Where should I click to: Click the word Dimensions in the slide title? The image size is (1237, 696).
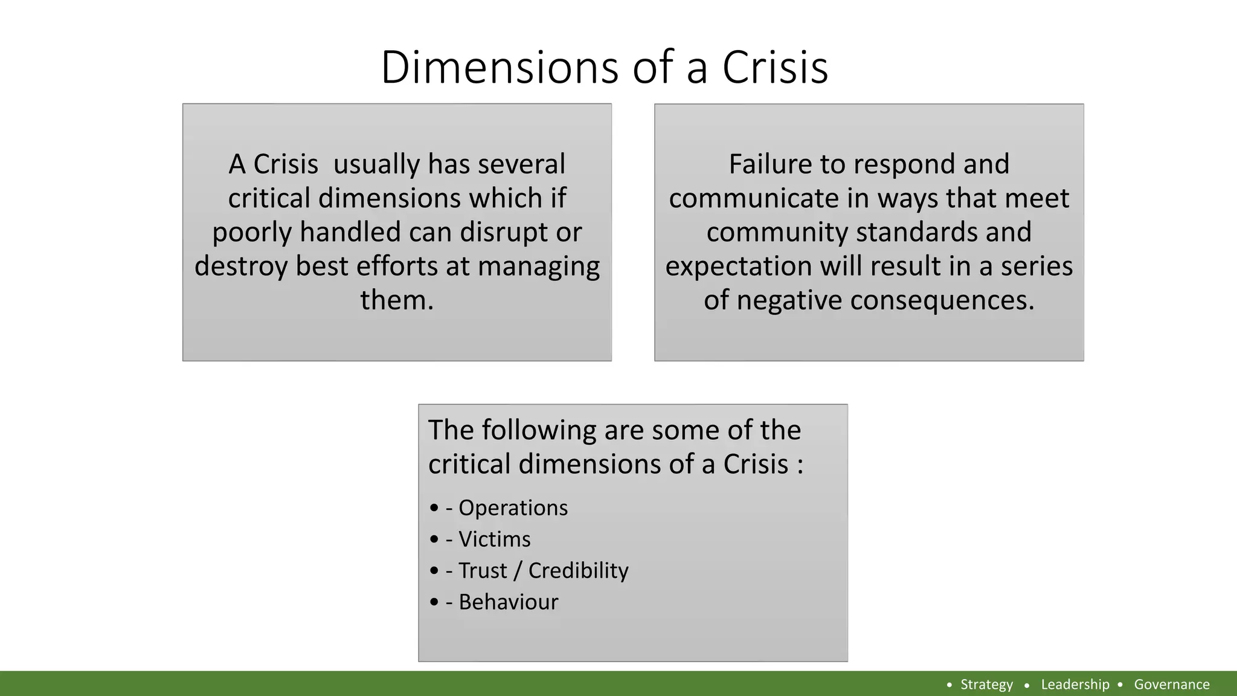pos(500,67)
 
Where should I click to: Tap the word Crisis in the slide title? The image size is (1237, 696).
pos(775,67)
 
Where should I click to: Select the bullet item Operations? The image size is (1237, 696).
pos(513,508)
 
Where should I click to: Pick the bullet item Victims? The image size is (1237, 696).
pos(494,540)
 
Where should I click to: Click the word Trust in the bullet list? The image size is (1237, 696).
pos(483,571)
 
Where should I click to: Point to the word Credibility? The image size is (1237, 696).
pos(578,571)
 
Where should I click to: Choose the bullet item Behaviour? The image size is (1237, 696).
pos(508,602)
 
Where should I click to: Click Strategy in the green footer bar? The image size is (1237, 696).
pos(986,685)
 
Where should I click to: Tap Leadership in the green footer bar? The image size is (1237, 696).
pos(1075,685)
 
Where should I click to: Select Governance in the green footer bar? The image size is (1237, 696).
pos(1172,685)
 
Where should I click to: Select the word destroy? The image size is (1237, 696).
pos(241,266)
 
